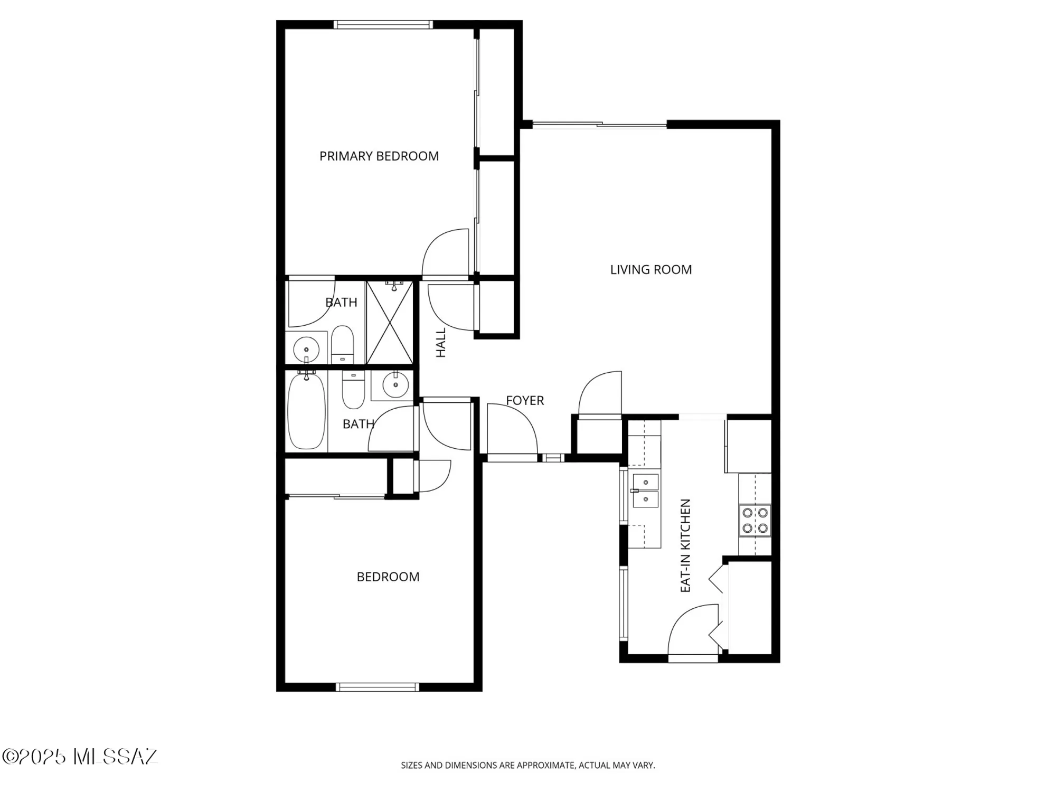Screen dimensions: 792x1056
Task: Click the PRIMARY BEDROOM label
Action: tap(379, 156)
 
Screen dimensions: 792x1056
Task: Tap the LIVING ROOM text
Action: tap(650, 270)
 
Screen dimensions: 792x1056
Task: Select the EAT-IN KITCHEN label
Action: tap(685, 545)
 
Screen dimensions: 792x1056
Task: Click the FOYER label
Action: tap(524, 401)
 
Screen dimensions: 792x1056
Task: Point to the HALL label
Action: tap(441, 343)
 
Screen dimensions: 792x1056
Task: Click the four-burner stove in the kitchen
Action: tap(755, 521)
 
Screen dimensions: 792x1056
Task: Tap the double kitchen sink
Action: tap(645, 491)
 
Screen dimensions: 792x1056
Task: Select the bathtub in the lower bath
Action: tap(306, 411)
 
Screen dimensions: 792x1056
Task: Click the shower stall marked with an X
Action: tap(390, 323)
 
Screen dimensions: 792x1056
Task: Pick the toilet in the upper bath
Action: tap(342, 343)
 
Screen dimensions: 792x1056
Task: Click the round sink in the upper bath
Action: tap(306, 349)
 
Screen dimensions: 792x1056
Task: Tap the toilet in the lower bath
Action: tap(353, 390)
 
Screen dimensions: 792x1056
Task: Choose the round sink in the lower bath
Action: tap(395, 384)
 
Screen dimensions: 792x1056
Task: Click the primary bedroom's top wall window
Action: tap(383, 24)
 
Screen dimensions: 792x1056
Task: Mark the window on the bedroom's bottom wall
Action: tap(378, 687)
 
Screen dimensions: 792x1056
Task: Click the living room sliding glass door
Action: tap(599, 125)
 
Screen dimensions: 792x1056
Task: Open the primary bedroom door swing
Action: tap(447, 253)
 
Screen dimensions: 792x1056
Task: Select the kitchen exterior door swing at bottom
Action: tap(692, 631)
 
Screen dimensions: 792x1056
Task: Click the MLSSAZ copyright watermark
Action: tap(79, 757)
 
